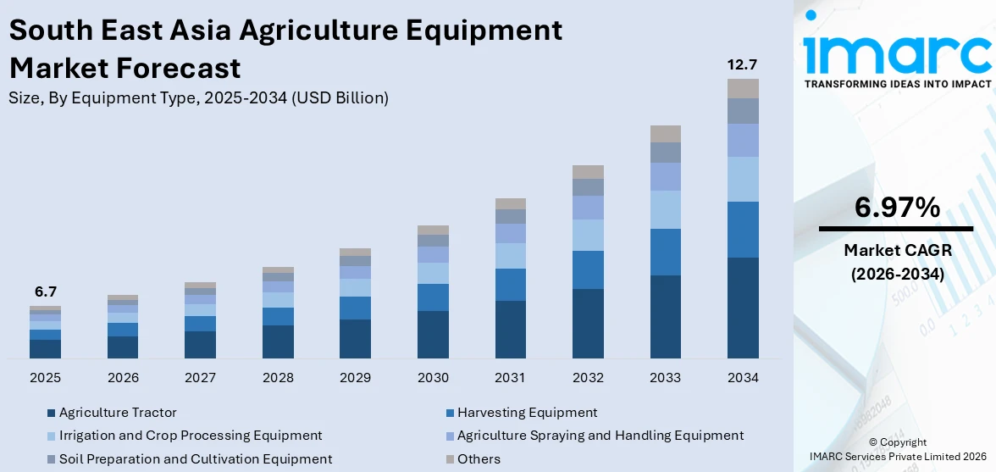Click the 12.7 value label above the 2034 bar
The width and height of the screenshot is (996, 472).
tap(742, 64)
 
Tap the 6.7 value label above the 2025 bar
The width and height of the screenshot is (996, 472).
tap(45, 292)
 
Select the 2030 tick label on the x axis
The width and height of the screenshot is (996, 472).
tap(433, 377)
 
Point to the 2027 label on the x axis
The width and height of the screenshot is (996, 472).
tap(200, 377)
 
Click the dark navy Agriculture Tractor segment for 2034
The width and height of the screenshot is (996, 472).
tap(743, 307)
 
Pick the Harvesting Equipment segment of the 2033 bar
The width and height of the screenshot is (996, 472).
tap(665, 252)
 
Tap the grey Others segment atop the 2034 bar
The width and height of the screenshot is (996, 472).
tap(743, 88)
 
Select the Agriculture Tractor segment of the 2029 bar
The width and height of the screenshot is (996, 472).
tap(355, 338)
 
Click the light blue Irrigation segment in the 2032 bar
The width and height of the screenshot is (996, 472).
tap(588, 235)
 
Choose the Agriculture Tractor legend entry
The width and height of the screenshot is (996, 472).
tap(118, 413)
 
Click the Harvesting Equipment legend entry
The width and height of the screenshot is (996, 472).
tap(527, 413)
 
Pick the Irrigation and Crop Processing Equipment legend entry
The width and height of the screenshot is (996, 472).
tap(191, 436)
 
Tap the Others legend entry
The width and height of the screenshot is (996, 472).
tap(479, 459)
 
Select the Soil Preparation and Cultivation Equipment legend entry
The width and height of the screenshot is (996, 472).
tap(196, 459)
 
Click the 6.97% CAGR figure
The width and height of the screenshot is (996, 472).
tap(897, 207)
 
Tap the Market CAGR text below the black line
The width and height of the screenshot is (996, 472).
tap(897, 250)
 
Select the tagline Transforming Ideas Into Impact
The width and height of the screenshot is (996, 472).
tap(897, 84)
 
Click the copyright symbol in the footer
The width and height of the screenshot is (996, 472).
tap(873, 442)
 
